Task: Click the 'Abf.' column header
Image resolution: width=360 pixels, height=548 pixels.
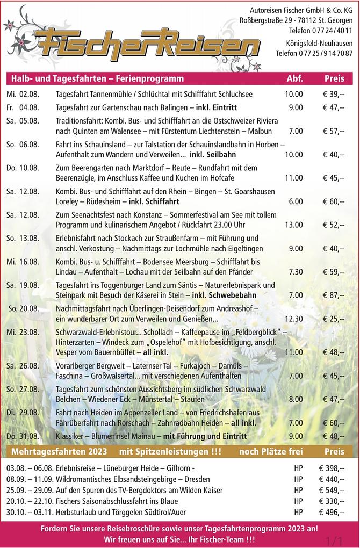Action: pos(295,78)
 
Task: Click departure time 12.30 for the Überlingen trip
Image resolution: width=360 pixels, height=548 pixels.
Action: pos(293,319)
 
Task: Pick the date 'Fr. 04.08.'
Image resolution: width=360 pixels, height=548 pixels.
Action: pos(23,107)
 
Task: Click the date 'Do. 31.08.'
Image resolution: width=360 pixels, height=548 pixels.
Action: pos(23,436)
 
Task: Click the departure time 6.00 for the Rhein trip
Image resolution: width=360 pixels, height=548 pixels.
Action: pos(295,201)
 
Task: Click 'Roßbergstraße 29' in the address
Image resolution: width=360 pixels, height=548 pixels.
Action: pos(263,20)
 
